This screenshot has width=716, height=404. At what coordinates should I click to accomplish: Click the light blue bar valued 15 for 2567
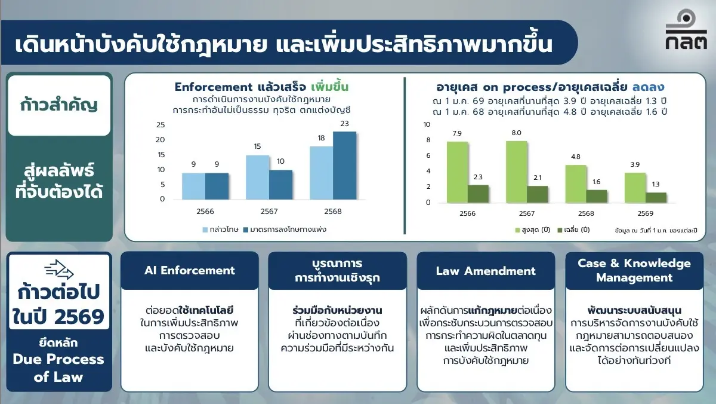257,177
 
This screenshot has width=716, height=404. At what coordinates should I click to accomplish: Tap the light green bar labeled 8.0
516,172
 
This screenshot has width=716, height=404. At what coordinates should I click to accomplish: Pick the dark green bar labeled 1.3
656,197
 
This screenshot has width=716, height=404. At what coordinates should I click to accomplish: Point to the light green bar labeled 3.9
635,188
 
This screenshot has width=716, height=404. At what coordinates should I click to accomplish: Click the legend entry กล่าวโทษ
221,229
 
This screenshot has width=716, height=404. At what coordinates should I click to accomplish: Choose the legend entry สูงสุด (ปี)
532,229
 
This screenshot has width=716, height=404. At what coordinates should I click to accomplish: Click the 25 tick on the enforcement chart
160,124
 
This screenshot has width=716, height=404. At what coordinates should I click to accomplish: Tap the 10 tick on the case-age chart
426,124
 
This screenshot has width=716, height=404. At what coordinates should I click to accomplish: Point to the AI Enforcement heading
190,271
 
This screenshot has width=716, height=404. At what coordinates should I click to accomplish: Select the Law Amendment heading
486,271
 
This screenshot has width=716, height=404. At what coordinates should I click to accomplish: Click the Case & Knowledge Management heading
634,271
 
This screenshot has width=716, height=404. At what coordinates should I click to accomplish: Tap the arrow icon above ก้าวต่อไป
59,271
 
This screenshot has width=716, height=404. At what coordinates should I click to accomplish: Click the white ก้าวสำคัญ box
59,106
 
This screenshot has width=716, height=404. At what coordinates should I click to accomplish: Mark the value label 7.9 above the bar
457,133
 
